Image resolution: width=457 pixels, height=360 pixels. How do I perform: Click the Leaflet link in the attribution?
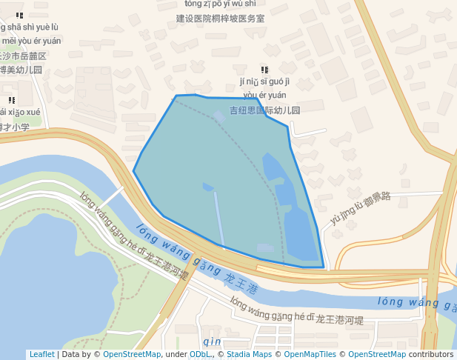click(41, 355)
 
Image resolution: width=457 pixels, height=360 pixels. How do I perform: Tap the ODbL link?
click(199, 355)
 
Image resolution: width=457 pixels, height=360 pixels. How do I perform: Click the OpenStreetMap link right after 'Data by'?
click(132, 355)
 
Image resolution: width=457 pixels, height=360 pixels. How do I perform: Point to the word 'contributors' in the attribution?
click(430, 355)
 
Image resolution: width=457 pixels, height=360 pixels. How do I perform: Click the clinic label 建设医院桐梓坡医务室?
click(220, 18)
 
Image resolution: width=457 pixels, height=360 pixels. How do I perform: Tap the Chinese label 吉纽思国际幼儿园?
click(264, 110)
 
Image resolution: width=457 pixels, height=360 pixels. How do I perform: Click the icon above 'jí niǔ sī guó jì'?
click(264, 70)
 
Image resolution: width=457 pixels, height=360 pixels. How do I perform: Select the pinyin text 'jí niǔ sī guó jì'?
click(264, 81)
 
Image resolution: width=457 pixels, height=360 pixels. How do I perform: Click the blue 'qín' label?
click(212, 341)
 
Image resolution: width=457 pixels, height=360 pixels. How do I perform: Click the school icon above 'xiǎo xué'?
click(11, 100)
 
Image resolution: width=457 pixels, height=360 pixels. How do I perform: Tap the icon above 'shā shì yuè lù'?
click(19, 15)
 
